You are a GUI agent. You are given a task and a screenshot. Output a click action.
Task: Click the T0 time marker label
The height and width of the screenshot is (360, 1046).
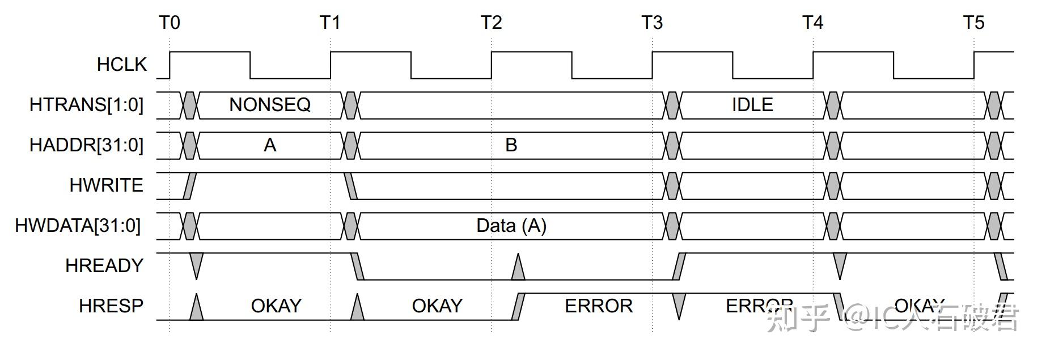pos(170,23)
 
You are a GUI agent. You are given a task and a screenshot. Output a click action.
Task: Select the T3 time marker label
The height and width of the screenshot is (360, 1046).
pos(652,23)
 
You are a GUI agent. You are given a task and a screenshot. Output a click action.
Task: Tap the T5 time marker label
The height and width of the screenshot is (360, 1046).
pos(973,23)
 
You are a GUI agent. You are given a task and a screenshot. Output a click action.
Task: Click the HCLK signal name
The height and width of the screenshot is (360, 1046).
pos(121,65)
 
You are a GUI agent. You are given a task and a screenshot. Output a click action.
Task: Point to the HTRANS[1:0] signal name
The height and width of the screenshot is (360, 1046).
pos(86,105)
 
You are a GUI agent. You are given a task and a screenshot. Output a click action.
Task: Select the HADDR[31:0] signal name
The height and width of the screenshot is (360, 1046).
pos(86,145)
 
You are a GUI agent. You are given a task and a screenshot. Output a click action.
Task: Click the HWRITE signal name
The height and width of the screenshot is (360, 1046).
pos(106,185)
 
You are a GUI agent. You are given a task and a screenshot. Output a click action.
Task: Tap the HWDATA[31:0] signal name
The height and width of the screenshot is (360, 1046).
pos(78,226)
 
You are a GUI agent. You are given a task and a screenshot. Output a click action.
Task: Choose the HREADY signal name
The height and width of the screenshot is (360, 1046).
pos(104,265)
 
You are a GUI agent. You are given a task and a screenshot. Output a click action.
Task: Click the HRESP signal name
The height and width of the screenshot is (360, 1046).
pos(111,306)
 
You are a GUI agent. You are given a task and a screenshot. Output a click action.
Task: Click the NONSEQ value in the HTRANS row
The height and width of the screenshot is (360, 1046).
pos(270,105)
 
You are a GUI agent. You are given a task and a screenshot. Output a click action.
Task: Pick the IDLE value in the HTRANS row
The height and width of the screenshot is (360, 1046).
pos(752,105)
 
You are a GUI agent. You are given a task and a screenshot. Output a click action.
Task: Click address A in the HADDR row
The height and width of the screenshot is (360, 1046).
pos(270,146)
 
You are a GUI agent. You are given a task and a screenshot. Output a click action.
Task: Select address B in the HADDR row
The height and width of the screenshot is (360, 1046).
pos(511,146)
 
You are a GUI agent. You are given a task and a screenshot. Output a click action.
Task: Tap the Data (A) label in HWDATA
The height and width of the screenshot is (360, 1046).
pos(511,226)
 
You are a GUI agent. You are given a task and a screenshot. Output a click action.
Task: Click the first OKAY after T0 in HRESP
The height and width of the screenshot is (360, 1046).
pos(276,306)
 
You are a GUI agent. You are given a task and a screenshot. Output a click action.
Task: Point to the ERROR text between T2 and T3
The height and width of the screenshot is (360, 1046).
pos(598,306)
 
